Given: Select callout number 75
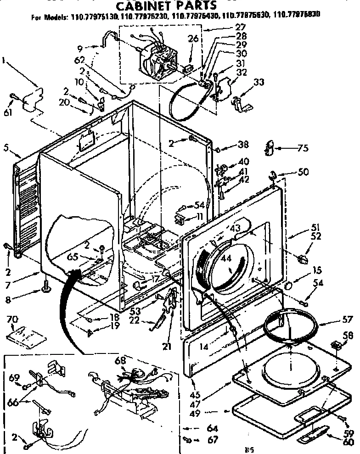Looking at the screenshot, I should point(302,148).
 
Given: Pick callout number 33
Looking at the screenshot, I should point(259,83).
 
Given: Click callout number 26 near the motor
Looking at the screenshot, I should point(193,39).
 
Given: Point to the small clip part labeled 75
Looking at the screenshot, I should point(270,148).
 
